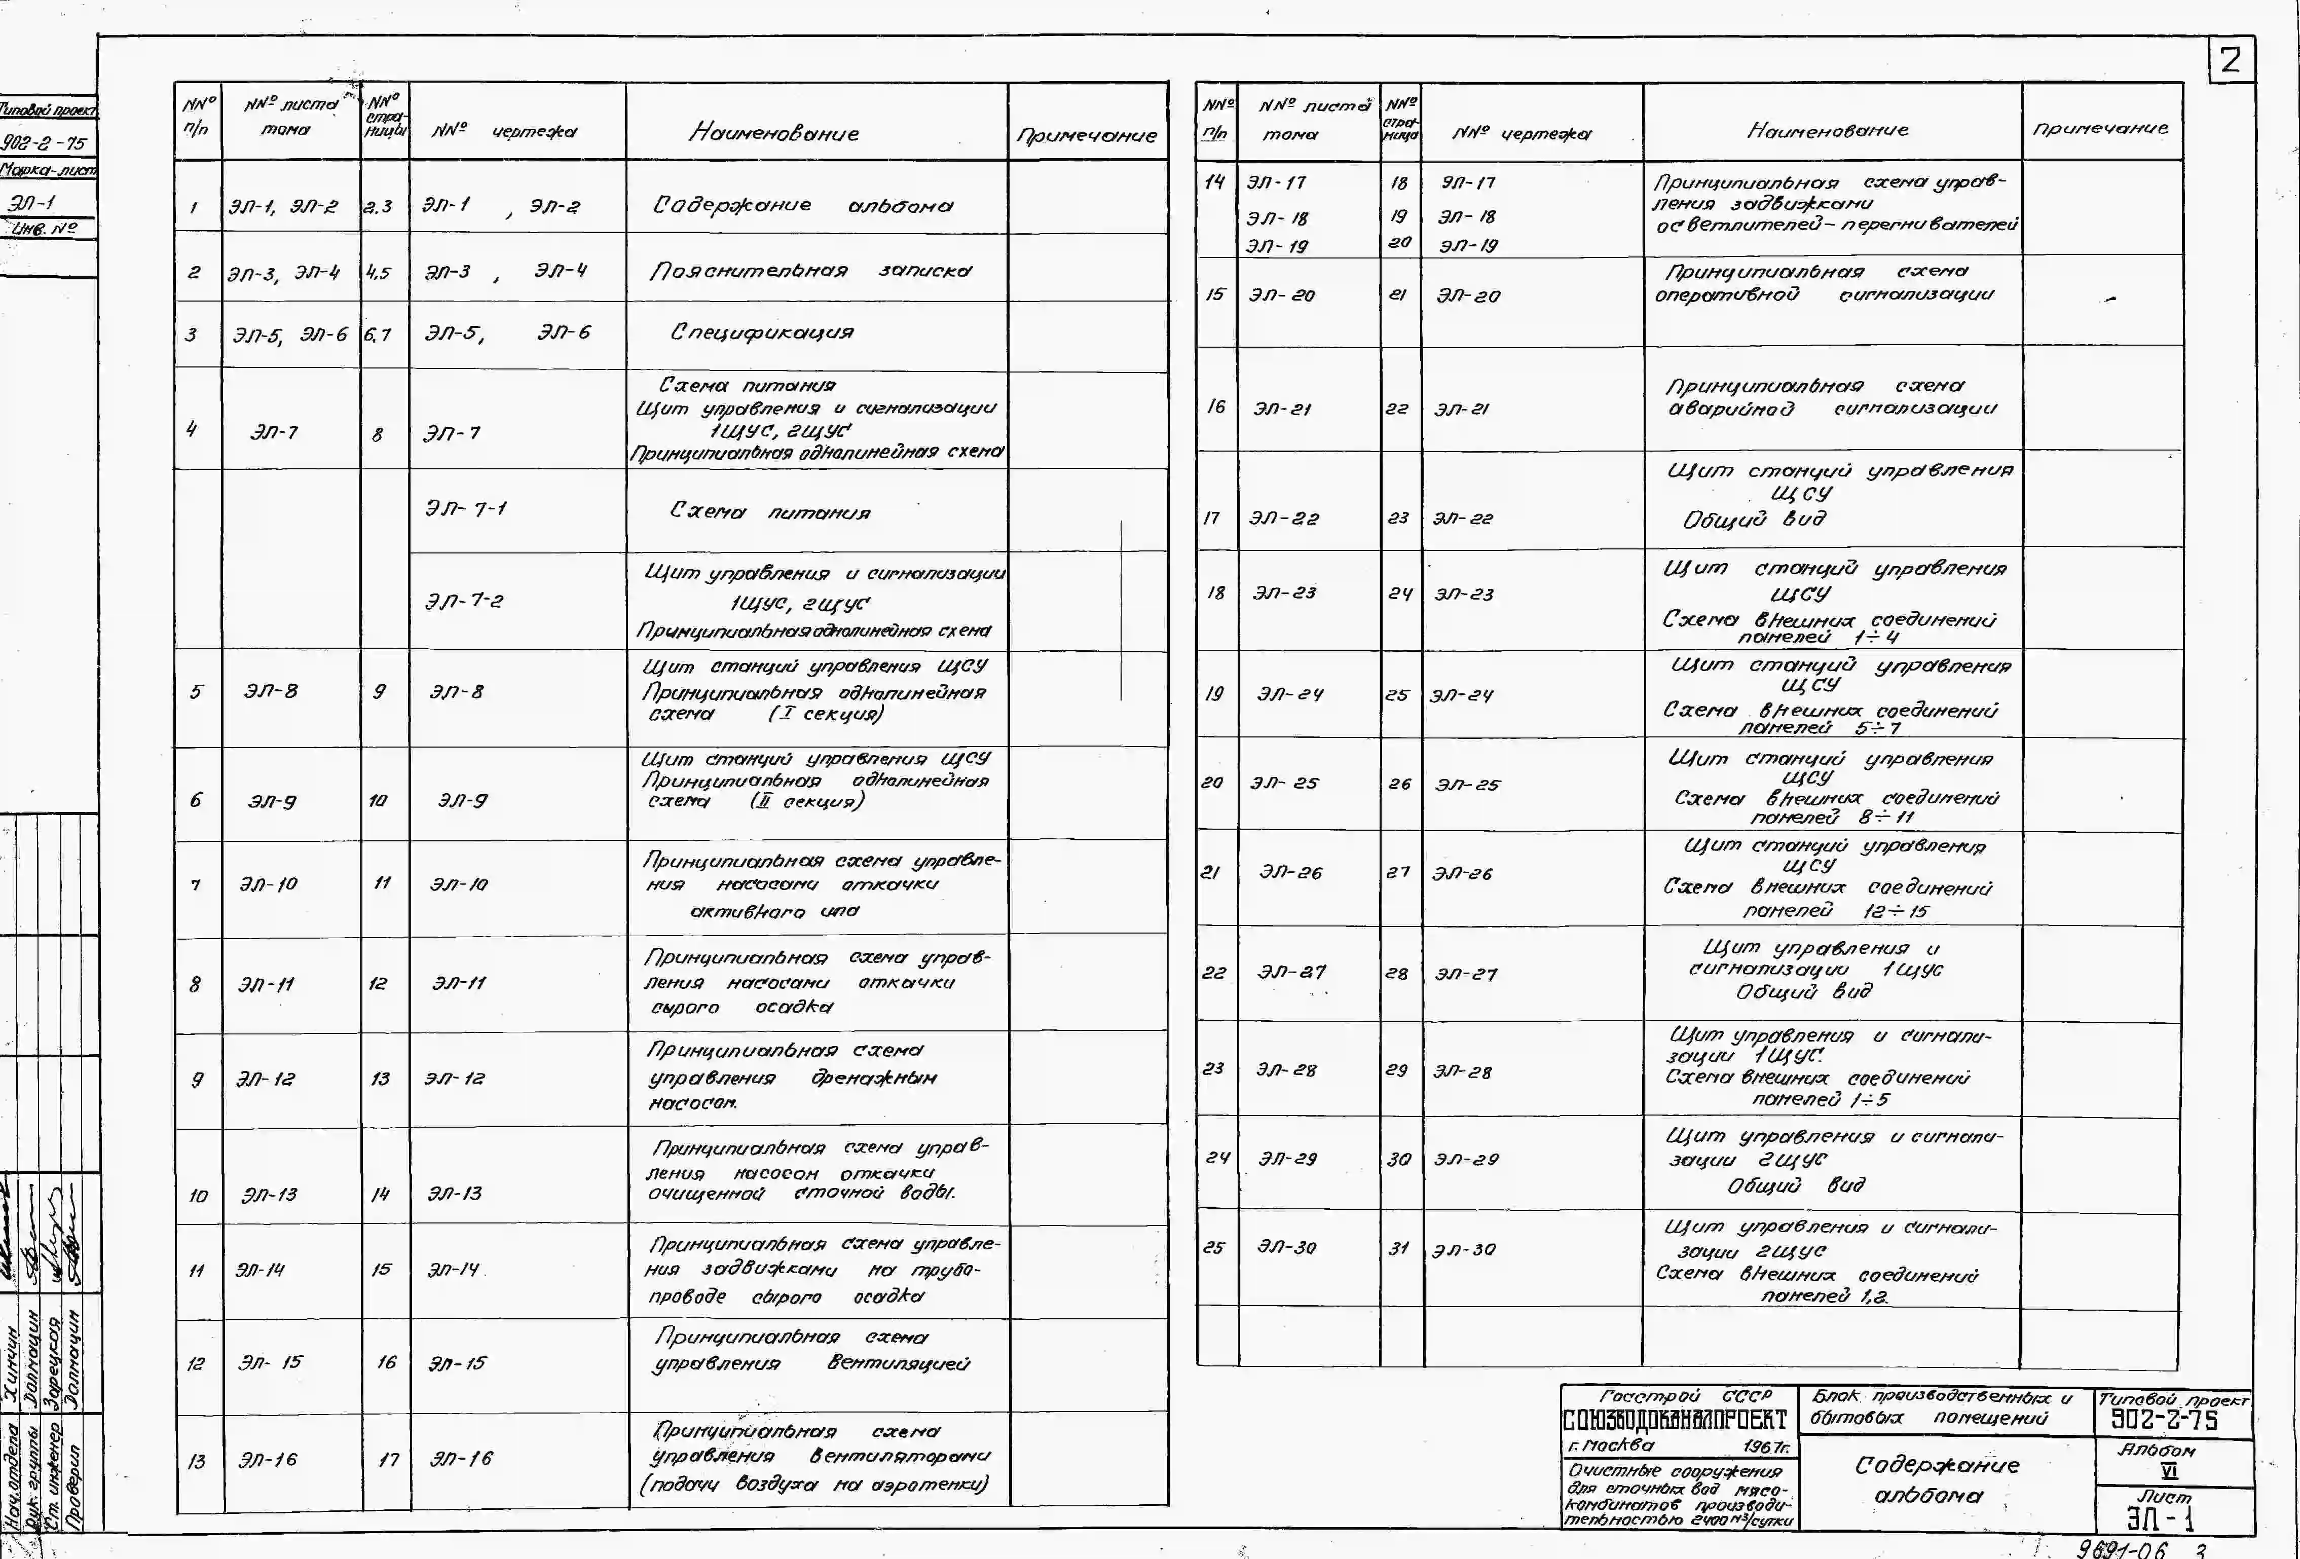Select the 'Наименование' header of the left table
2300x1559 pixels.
[774, 133]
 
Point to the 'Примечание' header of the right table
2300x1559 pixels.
[2100, 129]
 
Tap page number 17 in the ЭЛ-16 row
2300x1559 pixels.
[388, 1459]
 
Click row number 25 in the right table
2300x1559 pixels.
[1213, 1248]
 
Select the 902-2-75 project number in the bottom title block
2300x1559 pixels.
[2164, 1422]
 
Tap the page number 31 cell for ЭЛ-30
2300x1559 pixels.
[1397, 1249]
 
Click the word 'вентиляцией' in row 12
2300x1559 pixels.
[898, 1364]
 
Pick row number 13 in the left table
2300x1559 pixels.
[197, 1461]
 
